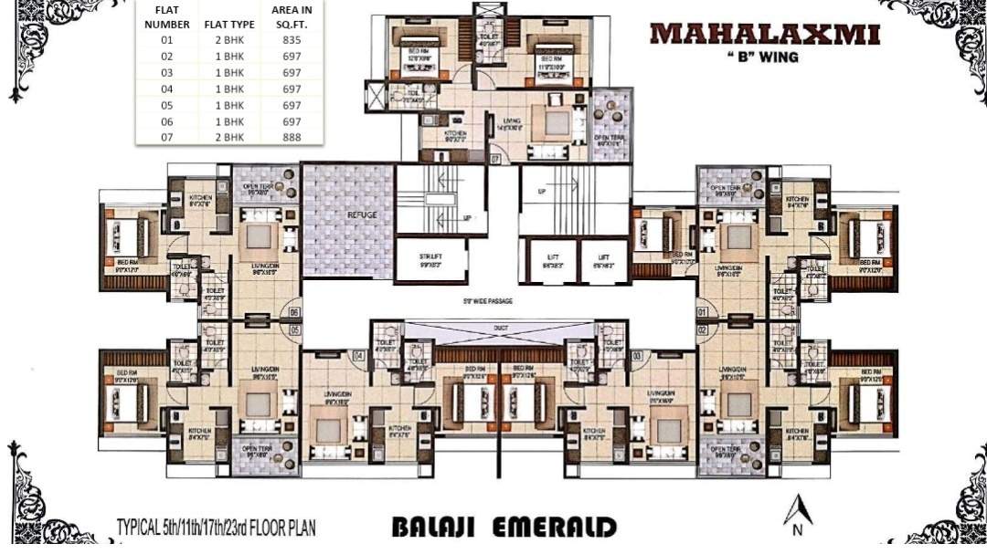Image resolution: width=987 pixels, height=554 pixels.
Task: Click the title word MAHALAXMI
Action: coord(765,34)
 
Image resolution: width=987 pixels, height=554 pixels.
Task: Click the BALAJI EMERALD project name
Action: coord(504,528)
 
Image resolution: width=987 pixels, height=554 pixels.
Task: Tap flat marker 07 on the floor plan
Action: coord(494,159)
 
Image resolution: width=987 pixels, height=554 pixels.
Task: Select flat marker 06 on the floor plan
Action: coord(293,312)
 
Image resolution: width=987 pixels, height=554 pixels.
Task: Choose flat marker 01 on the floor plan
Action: coord(702,312)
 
